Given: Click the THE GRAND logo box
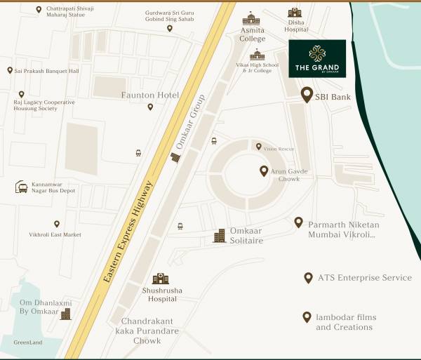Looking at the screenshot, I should click(317, 58).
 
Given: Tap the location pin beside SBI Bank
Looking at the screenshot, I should click(307, 95).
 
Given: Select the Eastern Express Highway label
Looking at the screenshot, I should click(128, 232).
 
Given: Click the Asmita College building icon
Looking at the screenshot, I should click(250, 19).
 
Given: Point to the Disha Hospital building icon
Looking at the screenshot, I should click(295, 12).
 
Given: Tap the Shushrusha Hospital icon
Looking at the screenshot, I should click(161, 279).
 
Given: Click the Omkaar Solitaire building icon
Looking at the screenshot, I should click(220, 235).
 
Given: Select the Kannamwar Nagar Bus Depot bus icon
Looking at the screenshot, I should click(22, 187).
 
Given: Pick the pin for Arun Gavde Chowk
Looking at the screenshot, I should click(264, 171).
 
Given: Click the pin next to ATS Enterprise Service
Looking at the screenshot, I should click(308, 278).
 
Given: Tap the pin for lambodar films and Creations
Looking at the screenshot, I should click(307, 317).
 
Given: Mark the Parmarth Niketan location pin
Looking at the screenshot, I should click(298, 222).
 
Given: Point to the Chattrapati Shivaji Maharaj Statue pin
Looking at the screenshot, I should click(39, 10).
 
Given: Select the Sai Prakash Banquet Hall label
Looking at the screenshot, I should click(46, 71).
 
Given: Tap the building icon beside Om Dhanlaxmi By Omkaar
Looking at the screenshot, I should click(66, 314).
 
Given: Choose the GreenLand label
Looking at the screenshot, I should click(28, 343).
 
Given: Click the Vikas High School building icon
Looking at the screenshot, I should click(258, 55).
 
